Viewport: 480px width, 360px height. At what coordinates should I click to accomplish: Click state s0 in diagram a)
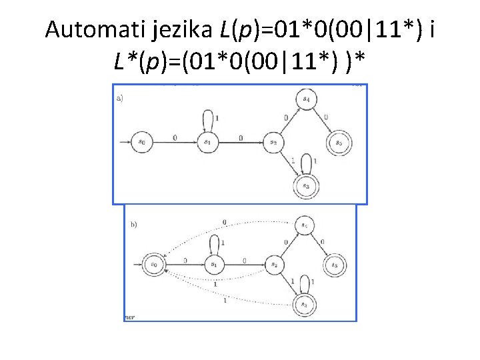pyautogui.click(x=142, y=142)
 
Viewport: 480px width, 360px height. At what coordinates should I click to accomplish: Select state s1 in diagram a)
pyautogui.click(x=207, y=142)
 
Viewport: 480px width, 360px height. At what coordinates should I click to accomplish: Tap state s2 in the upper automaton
pyautogui.click(x=273, y=142)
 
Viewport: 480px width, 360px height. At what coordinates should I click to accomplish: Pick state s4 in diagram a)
pyautogui.click(x=307, y=100)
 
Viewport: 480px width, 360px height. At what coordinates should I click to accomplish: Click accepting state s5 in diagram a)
pyautogui.click(x=338, y=142)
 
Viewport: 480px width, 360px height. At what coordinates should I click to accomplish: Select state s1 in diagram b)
pyautogui.click(x=214, y=265)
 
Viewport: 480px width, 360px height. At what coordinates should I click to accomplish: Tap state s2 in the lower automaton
pyautogui.click(x=274, y=265)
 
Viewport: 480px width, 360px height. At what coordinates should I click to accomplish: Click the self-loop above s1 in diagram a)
pyautogui.click(x=209, y=120)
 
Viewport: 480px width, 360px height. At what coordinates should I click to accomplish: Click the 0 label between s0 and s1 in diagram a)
pyautogui.click(x=175, y=137)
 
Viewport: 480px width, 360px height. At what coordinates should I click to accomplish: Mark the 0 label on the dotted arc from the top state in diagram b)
pyautogui.click(x=224, y=221)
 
